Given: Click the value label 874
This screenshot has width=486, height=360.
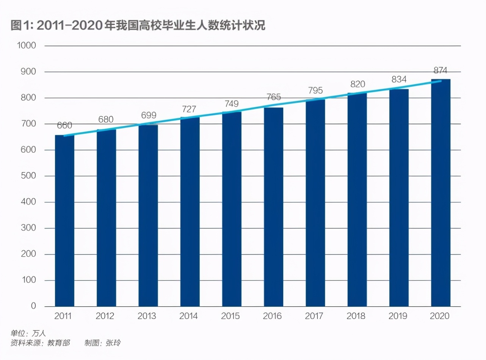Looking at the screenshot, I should pyautogui.click(x=441, y=70).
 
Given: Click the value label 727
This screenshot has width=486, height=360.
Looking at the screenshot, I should pyautogui.click(x=190, y=109).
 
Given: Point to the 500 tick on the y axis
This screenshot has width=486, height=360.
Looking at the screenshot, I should pyautogui.click(x=28, y=176).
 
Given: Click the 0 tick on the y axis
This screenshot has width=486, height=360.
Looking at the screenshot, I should pyautogui.click(x=33, y=306).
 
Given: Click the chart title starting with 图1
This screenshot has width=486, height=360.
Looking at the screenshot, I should pyautogui.click(x=138, y=26).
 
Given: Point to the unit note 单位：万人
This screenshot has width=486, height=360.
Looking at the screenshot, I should pyautogui.click(x=28, y=333).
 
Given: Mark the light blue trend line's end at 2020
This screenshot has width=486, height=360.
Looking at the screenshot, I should pyautogui.click(x=441, y=81).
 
